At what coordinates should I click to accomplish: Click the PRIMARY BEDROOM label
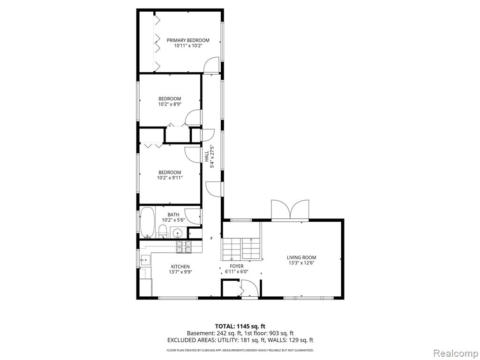coord(188,40)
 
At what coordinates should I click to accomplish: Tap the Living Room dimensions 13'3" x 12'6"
coord(301,262)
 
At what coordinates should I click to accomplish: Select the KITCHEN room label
coord(180,267)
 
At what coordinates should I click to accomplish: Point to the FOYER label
coord(237,266)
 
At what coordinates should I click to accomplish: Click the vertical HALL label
coord(207,156)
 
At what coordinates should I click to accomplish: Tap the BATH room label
coord(173,215)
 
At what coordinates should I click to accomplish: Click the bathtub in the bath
coord(148,223)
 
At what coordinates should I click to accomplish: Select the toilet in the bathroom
coord(162,231)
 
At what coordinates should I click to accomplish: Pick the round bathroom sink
coord(177,233)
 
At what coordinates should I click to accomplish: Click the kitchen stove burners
coord(184,247)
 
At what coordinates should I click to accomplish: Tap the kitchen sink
coord(145,260)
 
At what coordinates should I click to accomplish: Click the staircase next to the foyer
coord(242,248)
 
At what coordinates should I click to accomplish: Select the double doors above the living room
coord(290,210)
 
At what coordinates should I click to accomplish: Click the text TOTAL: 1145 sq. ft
coord(238,326)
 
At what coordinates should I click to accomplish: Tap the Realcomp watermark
coord(455,353)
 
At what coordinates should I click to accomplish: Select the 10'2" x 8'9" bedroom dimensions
coord(170,104)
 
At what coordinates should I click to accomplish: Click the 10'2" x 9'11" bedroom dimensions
coord(170,178)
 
